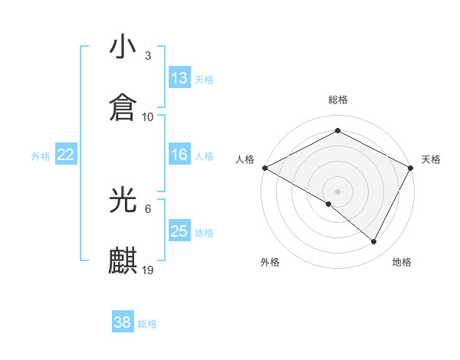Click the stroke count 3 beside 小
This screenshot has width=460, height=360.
[x=147, y=56]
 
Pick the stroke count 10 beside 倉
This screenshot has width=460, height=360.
[x=148, y=116]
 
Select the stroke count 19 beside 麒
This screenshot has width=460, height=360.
[x=149, y=270]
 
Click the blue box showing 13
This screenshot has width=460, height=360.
[x=179, y=78]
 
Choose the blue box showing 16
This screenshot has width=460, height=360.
[x=179, y=155]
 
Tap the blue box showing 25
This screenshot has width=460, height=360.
[x=179, y=231]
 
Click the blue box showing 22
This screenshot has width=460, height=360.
[x=66, y=155]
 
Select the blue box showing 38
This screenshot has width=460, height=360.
[x=123, y=322]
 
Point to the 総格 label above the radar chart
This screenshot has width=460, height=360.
[x=338, y=100]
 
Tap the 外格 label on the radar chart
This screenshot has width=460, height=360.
[x=270, y=262]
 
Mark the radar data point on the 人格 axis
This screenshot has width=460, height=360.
[x=264, y=167]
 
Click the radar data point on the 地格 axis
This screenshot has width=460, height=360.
[x=374, y=242]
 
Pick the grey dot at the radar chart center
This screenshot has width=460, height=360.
[x=337, y=191]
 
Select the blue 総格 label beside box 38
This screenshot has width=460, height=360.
[x=147, y=324]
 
